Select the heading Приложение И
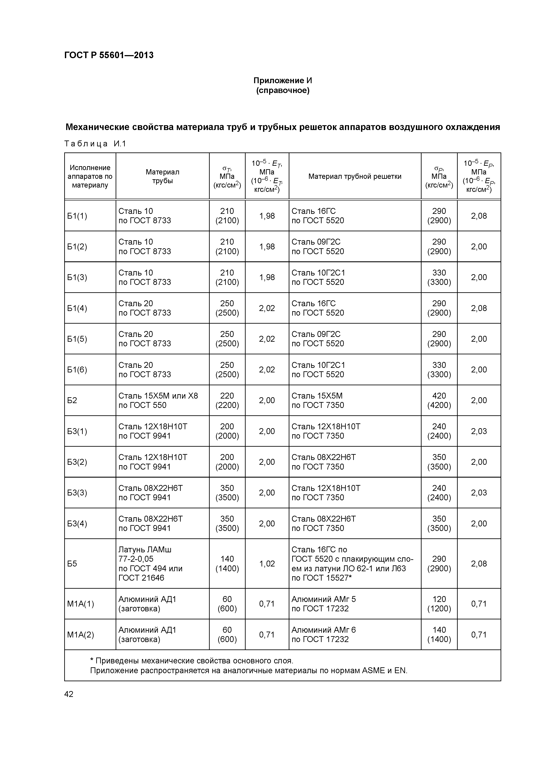[x=282, y=81]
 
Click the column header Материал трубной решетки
[x=355, y=176]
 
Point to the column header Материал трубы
[x=162, y=176]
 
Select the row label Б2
[x=72, y=400]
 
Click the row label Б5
[x=72, y=564]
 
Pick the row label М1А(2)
[x=81, y=635]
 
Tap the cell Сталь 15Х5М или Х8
[x=158, y=396]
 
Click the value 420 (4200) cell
[x=439, y=400]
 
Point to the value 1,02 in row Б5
[x=267, y=564]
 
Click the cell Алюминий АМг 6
[x=323, y=630]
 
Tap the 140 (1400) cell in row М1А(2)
[x=439, y=635]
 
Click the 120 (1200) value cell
[x=439, y=604]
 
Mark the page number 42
[x=69, y=694]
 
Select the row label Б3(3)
[x=77, y=493]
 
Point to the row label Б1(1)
[x=77, y=216]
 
